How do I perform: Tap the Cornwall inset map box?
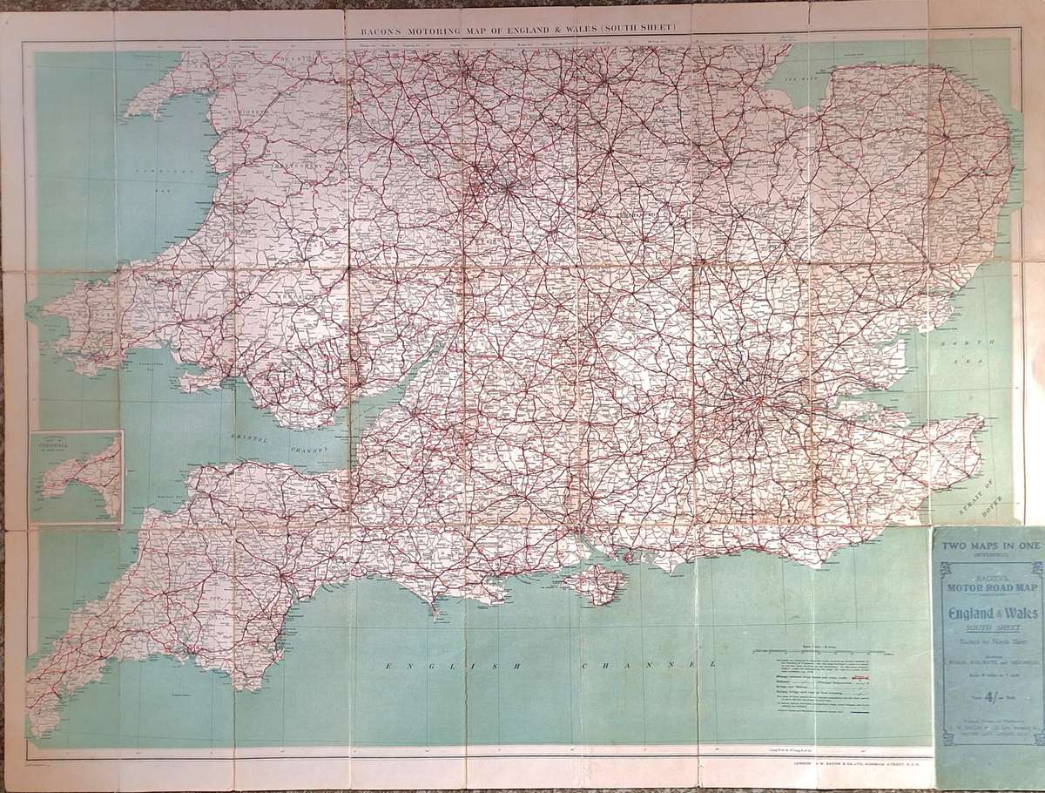(76, 478)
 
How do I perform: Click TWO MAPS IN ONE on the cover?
(987, 546)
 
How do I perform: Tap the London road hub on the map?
(759, 399)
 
